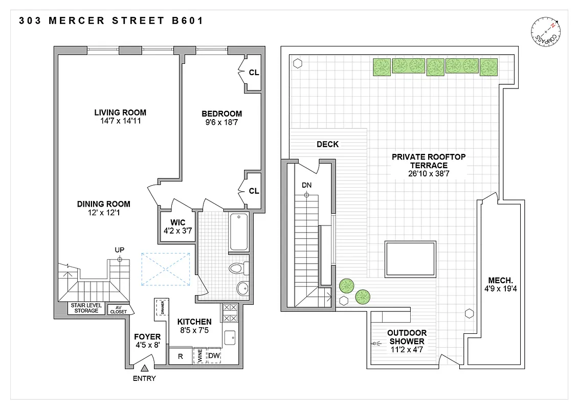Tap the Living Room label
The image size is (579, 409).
click(x=120, y=112)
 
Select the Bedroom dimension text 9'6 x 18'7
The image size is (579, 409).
click(x=221, y=122)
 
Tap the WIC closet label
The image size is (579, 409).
click(x=174, y=222)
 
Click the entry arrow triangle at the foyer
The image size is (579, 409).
click(x=145, y=368)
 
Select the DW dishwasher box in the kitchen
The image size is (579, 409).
click(x=214, y=356)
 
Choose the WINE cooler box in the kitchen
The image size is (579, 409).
click(x=198, y=356)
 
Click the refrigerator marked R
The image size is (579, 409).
click(x=180, y=356)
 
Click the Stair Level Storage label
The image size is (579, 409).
click(x=86, y=308)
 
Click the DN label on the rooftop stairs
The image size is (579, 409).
click(x=306, y=185)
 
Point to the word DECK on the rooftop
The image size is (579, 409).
click(x=327, y=144)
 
